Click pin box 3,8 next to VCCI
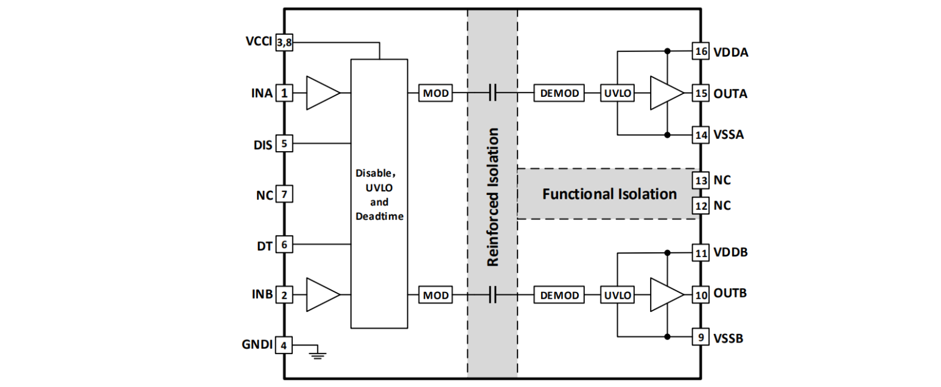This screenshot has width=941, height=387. (284, 42)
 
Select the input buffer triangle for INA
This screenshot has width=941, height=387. (321, 93)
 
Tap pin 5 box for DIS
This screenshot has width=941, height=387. (284, 144)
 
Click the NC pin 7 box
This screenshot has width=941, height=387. (284, 195)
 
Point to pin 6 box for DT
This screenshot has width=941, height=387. (284, 244)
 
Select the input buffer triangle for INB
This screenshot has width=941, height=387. (321, 295)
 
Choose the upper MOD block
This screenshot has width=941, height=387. (436, 93)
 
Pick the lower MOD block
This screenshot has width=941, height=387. (436, 295)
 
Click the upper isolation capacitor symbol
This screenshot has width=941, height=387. (493, 93)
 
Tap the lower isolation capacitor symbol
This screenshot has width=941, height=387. (493, 295)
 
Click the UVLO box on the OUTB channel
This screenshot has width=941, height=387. (617, 295)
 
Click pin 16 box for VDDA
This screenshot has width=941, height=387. (701, 52)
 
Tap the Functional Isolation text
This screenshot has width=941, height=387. (609, 194)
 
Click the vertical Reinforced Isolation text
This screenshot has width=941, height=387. (493, 197)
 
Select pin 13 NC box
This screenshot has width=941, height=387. (701, 180)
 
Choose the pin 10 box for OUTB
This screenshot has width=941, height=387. (701, 295)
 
